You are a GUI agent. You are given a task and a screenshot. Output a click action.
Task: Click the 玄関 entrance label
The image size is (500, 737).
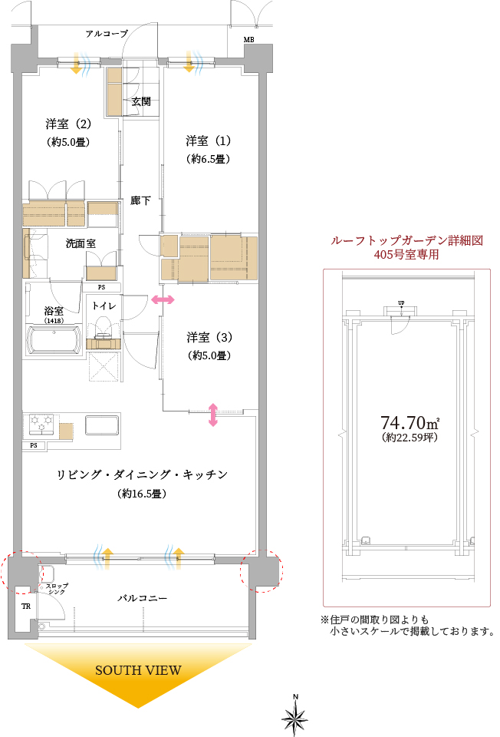coord(141,101)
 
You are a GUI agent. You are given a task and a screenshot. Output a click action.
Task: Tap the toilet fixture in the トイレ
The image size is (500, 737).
coord(103,328)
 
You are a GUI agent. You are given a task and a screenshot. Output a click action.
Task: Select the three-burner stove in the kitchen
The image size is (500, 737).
coord(41,424)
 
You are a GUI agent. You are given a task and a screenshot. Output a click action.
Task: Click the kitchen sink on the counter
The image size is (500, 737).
coord(101,425)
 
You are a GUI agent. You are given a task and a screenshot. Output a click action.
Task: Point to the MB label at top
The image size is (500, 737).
coord(248,40)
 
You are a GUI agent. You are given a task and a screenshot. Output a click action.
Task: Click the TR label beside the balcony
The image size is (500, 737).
coord(26,606)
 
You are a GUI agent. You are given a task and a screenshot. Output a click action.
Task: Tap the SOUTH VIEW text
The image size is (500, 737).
coord(138,670)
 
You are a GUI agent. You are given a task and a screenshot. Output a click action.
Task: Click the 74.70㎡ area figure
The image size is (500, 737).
coord(410,422)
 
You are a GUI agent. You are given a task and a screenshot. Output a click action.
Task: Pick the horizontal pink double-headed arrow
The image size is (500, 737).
coord(163,299)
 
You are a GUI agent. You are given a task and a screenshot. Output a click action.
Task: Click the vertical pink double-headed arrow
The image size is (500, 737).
coord(212,415)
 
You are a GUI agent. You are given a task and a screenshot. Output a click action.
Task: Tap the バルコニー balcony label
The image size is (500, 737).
coord(142,598)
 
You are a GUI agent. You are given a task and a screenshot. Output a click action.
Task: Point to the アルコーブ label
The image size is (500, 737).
coord(107,33)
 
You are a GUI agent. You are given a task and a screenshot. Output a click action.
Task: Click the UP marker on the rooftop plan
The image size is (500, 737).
coord(401,303)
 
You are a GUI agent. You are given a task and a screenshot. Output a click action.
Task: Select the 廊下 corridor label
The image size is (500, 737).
coord(140,200)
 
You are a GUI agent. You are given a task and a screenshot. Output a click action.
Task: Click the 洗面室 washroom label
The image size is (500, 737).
coord(81,243)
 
